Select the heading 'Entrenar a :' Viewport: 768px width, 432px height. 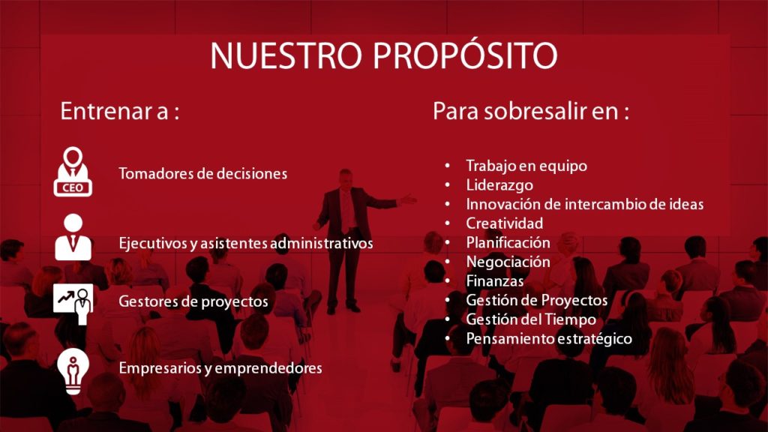coord(120,111)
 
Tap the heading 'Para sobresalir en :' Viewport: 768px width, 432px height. coord(531,111)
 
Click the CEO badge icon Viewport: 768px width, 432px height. coord(73,172)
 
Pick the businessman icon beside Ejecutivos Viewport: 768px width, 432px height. coord(73,237)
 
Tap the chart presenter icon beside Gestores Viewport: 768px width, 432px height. coord(73,303)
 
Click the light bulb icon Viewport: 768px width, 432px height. coord(73,371)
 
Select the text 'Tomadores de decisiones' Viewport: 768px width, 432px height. coord(202,173)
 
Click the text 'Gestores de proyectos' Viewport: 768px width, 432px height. coord(193,301)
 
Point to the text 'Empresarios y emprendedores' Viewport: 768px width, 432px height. coord(220,368)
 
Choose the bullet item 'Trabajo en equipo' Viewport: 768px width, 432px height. coord(526,166)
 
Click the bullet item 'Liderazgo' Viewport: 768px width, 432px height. coord(499,185)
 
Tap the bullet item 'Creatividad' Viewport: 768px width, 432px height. coord(505,223)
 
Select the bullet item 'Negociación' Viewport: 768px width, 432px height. coord(508,262)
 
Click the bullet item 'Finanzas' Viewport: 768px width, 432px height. coord(495,281)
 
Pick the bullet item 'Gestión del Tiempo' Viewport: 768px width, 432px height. coord(531,319)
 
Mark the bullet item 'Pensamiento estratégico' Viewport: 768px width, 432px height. coord(549,339)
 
